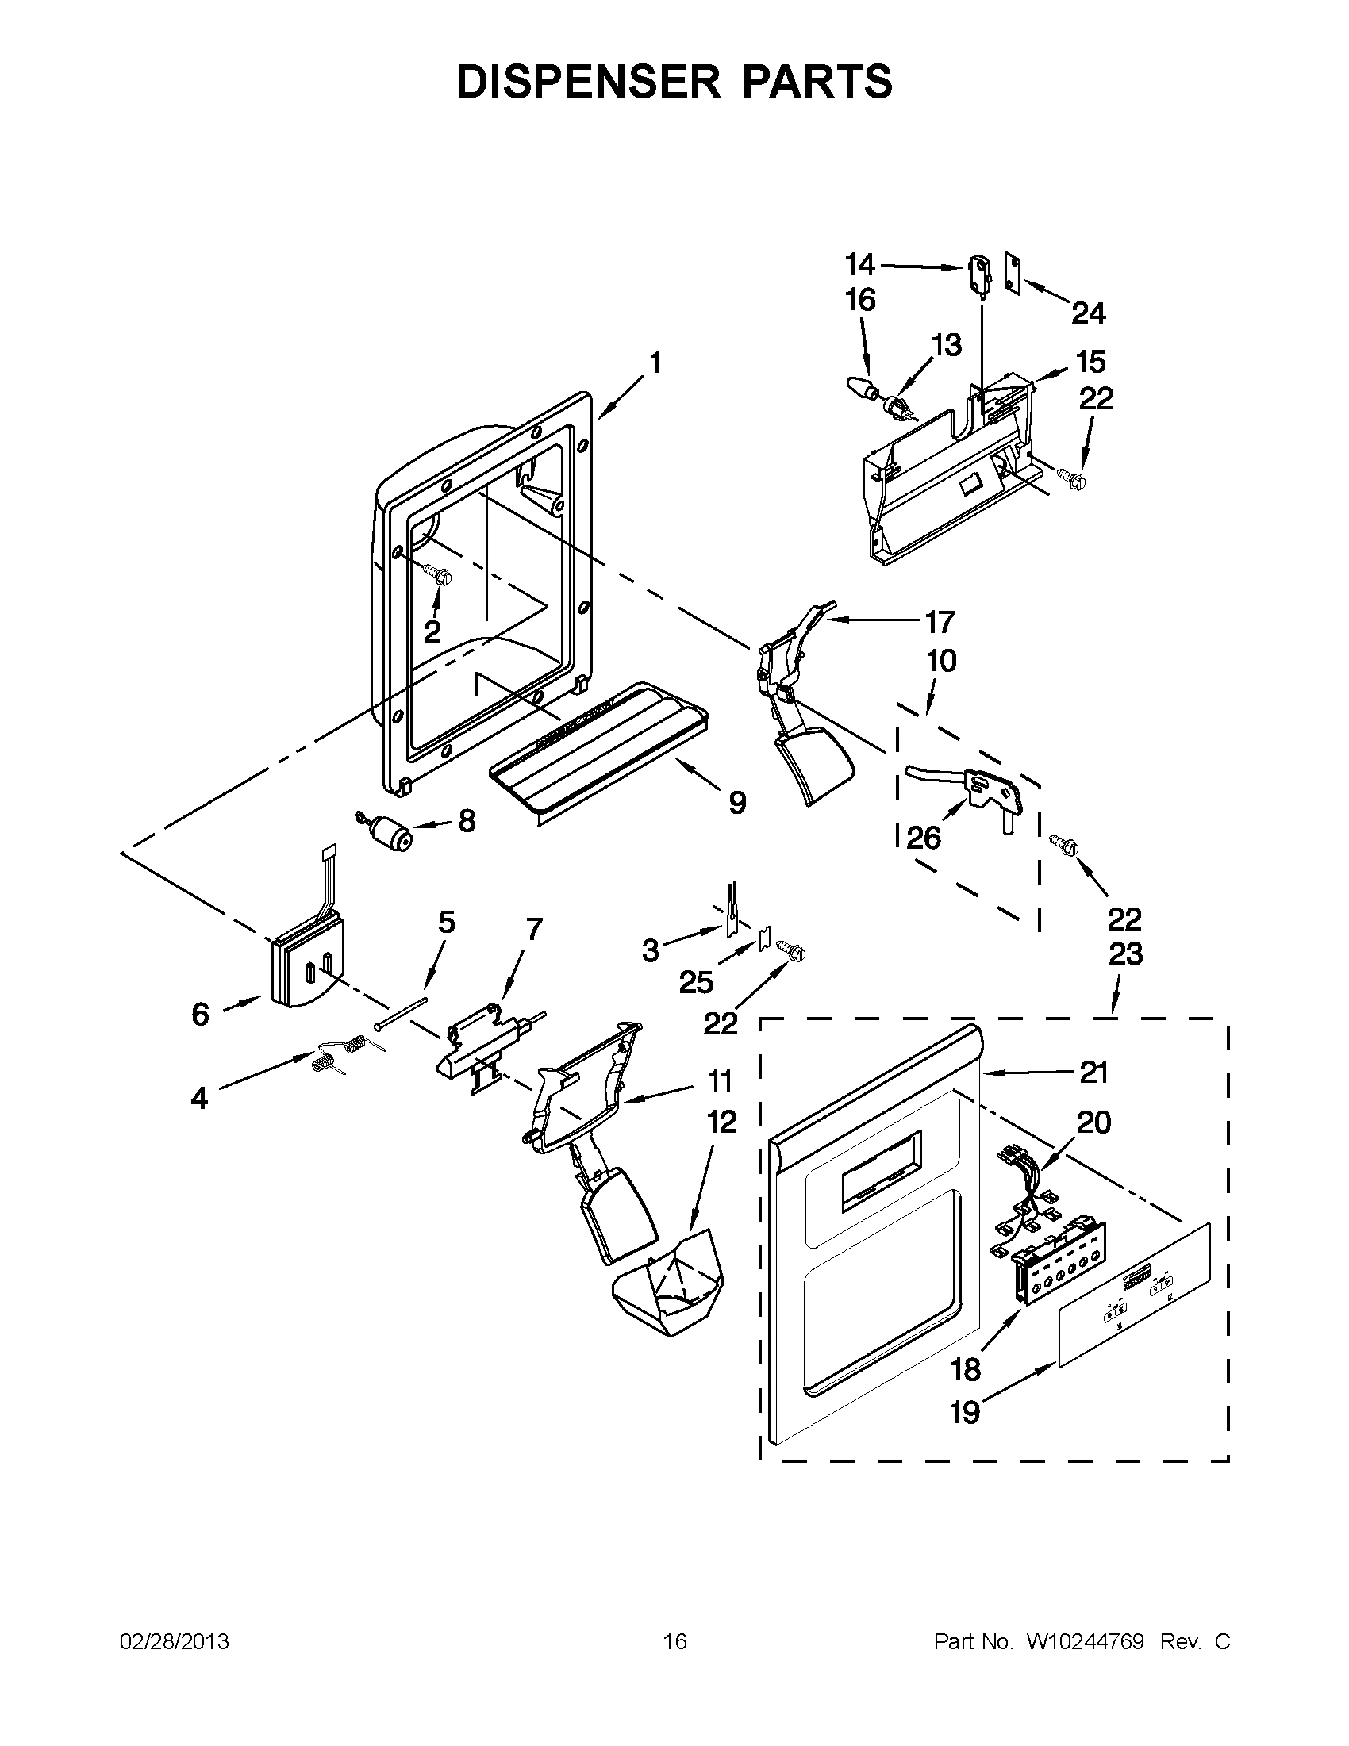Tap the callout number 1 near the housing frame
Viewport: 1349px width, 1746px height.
(x=655, y=363)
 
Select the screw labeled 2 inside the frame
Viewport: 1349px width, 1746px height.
(x=436, y=574)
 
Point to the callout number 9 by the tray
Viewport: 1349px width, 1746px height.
(x=737, y=801)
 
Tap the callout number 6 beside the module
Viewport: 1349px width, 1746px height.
(x=200, y=1015)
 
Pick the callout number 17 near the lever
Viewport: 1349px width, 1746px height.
(x=939, y=621)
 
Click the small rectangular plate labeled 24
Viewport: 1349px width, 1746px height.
(x=1014, y=276)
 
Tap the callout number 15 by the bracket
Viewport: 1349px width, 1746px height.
(x=1091, y=362)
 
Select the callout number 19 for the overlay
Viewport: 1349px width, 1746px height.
(x=965, y=1412)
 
